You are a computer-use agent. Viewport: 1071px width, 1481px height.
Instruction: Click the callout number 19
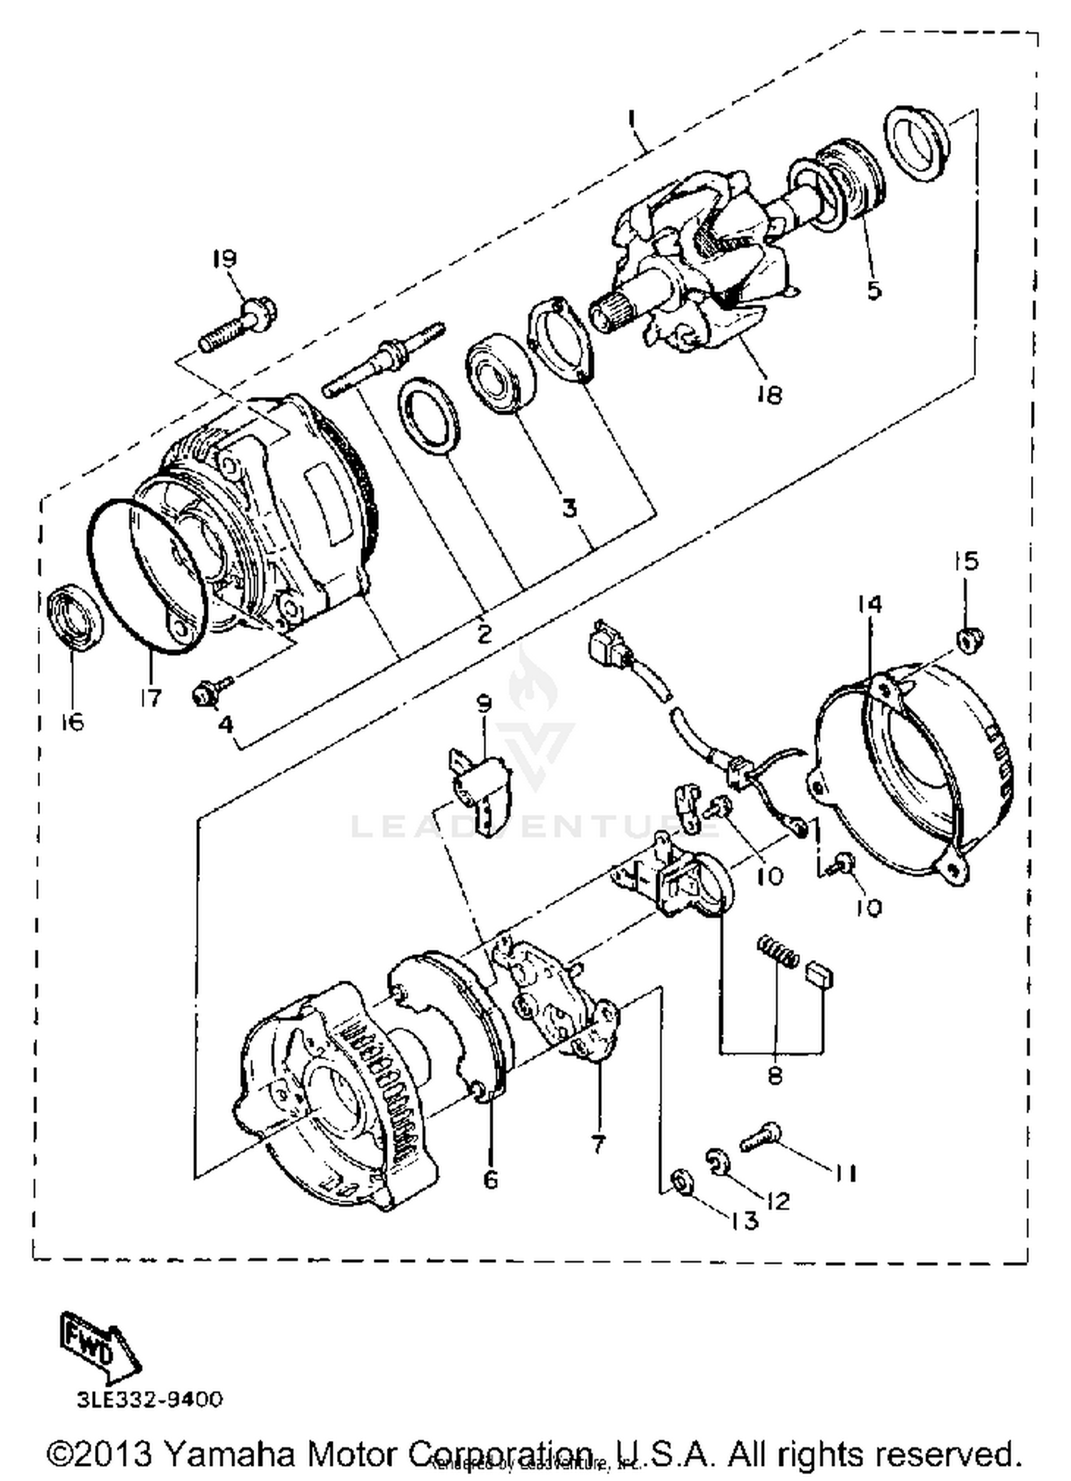point(225,258)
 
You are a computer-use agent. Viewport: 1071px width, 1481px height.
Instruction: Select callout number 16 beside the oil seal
point(71,722)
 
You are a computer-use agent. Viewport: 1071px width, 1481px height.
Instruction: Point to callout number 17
point(151,696)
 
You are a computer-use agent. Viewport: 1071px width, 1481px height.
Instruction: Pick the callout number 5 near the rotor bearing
point(874,290)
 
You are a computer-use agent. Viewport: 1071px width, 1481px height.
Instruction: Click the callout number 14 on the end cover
point(870,605)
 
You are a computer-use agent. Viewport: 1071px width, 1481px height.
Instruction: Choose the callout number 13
point(745,1221)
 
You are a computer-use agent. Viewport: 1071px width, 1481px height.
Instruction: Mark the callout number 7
point(598,1145)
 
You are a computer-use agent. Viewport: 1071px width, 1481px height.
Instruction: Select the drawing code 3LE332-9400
point(150,1400)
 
